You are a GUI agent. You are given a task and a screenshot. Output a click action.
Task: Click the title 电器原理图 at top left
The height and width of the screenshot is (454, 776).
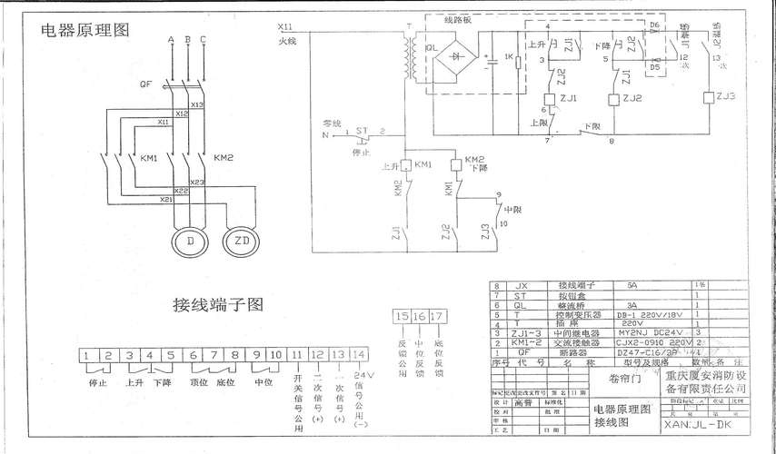pyautogui.click(x=85, y=30)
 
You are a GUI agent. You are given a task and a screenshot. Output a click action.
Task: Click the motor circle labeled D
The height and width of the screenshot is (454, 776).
pyautogui.click(x=190, y=242)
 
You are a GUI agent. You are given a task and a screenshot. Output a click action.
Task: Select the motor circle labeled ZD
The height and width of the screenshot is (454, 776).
pyautogui.click(x=242, y=242)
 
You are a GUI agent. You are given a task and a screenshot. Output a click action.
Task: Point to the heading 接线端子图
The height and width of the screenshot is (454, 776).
pyautogui.click(x=218, y=305)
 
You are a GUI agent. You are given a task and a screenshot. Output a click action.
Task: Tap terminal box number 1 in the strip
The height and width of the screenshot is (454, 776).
pyautogui.click(x=87, y=355)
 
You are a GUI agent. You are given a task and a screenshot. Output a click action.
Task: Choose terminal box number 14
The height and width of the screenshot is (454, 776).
pyautogui.click(x=360, y=355)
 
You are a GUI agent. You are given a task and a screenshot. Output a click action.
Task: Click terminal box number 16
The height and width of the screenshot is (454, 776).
pyautogui.click(x=419, y=316)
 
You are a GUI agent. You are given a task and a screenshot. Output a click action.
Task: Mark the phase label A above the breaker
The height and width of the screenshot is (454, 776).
pyautogui.click(x=170, y=40)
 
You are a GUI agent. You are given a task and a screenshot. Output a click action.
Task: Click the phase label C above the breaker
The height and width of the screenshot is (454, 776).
pyautogui.click(x=203, y=40)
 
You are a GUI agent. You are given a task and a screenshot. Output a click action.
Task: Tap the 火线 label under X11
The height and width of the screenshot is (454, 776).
pyautogui.click(x=287, y=41)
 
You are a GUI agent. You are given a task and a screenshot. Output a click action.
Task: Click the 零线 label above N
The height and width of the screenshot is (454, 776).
pyautogui.click(x=330, y=123)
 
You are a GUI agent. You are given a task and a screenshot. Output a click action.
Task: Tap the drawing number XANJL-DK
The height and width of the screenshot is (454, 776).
pyautogui.click(x=697, y=423)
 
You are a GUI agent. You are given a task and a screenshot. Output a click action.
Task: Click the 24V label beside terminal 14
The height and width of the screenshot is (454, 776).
pyautogui.click(x=363, y=374)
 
